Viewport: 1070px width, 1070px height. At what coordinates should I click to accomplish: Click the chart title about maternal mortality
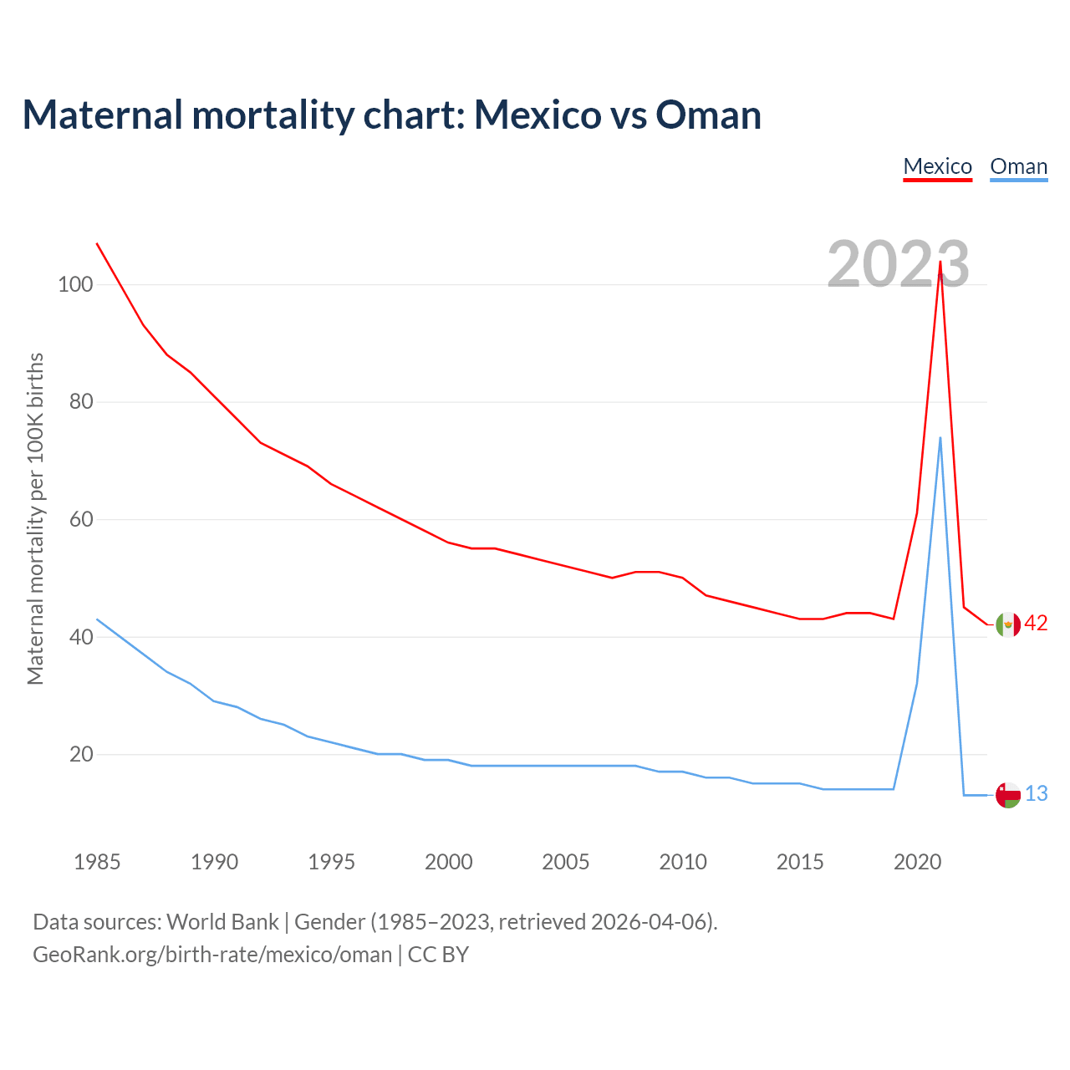(391, 115)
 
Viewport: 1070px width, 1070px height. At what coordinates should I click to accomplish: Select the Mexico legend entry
(937, 166)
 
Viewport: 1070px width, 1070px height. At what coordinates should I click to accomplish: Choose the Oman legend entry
(1018, 166)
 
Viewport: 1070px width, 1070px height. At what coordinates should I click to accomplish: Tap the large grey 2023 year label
(898, 264)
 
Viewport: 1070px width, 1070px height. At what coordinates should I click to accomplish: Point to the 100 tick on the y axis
(75, 284)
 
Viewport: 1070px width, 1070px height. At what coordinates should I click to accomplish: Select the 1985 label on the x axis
(97, 862)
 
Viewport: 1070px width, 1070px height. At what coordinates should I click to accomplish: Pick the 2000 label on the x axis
(449, 862)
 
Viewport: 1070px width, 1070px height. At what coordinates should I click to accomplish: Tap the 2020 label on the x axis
(918, 862)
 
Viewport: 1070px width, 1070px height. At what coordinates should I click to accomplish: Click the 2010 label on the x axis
(683, 862)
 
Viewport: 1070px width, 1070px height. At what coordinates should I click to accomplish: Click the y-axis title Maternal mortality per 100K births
(35, 518)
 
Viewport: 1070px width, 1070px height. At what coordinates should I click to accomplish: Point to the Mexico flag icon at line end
(1008, 624)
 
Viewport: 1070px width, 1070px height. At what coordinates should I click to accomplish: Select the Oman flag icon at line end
(1008, 795)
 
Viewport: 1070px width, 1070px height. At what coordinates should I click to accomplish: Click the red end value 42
(1036, 624)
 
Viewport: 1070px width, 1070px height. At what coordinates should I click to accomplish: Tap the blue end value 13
(1036, 794)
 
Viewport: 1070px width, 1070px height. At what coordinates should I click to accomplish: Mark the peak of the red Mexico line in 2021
(940, 262)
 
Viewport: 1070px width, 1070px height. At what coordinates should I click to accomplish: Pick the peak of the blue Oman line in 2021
(940, 438)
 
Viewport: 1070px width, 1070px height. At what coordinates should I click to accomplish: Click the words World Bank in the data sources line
(222, 922)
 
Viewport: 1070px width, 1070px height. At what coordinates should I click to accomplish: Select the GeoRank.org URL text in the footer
(212, 955)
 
